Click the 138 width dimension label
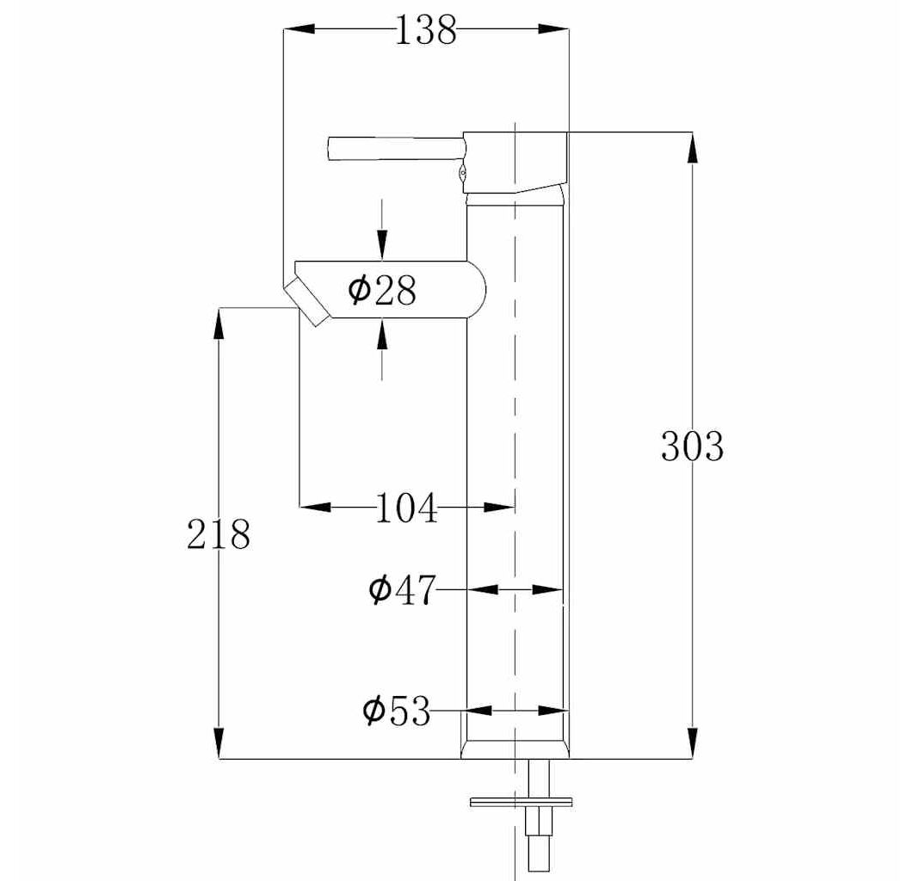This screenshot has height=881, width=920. [426, 30]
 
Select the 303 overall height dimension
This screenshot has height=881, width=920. [692, 446]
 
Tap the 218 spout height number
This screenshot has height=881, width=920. [219, 534]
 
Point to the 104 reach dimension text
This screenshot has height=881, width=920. [406, 508]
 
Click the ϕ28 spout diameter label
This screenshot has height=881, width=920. [382, 290]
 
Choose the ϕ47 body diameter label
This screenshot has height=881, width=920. [403, 589]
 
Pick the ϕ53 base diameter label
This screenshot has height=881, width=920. [397, 711]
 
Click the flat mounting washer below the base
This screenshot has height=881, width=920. [521, 801]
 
